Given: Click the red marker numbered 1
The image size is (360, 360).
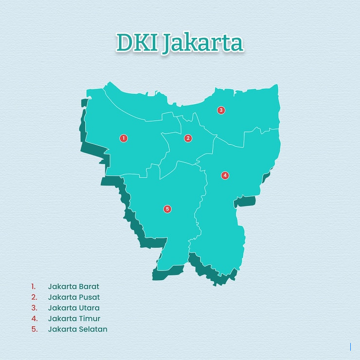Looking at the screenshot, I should pos(124,138).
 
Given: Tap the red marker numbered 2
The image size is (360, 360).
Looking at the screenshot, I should pos(188,138).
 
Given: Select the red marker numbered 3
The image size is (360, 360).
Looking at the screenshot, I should pos(221,110).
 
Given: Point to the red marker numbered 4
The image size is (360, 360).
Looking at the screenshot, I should pos(225,175).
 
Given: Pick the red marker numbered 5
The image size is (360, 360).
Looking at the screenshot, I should pos(167,209).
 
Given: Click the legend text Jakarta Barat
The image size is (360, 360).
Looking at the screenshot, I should pos(73,286).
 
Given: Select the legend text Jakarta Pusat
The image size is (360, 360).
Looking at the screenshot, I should pos(74,297).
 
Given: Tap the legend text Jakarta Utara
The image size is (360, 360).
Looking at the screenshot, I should pos(73,307).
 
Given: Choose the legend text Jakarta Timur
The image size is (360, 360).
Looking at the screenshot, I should pos(74,318).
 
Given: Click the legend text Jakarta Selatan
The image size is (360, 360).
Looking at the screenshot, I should pos(77,329).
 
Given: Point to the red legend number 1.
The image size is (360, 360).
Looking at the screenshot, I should pos(34,286).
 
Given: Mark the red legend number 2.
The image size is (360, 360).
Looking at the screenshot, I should pos(34,297).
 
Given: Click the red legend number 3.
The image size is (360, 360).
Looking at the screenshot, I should pos(34,307).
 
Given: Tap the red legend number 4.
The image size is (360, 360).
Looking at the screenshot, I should pos(34,318).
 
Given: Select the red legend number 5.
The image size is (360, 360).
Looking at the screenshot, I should pos(34,329).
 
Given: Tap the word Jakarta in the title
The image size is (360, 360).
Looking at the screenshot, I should pos(202,44).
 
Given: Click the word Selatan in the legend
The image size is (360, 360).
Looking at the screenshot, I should pos(93,329).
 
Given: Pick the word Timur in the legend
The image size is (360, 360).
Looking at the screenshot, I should pos(90,318).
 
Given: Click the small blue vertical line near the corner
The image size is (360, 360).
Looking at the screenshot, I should pos(350,347).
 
